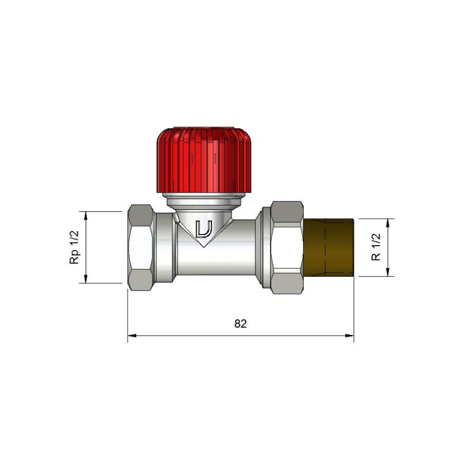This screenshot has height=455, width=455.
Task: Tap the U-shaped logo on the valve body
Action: [204, 229]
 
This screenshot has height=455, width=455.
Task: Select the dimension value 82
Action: [240, 324]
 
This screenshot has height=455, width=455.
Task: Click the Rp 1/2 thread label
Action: [74, 247]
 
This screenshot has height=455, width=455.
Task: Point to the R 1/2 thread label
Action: [376, 247]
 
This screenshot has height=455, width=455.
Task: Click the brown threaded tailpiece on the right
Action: [329, 248]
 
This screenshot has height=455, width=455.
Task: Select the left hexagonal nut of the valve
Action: [141, 247]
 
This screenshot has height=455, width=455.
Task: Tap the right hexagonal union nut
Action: [287, 248]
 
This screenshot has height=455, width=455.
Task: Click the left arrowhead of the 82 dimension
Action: [132, 336]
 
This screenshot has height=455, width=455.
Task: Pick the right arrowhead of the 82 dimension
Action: [349, 336]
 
